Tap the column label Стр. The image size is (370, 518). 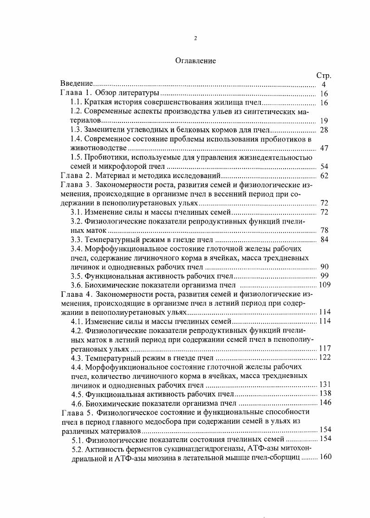323,76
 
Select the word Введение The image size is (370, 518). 77,84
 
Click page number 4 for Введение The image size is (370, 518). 324,84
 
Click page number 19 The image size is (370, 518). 324,121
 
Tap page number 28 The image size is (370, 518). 324,130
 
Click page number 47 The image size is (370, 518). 324,148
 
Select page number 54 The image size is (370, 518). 324,166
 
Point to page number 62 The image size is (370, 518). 324,175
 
